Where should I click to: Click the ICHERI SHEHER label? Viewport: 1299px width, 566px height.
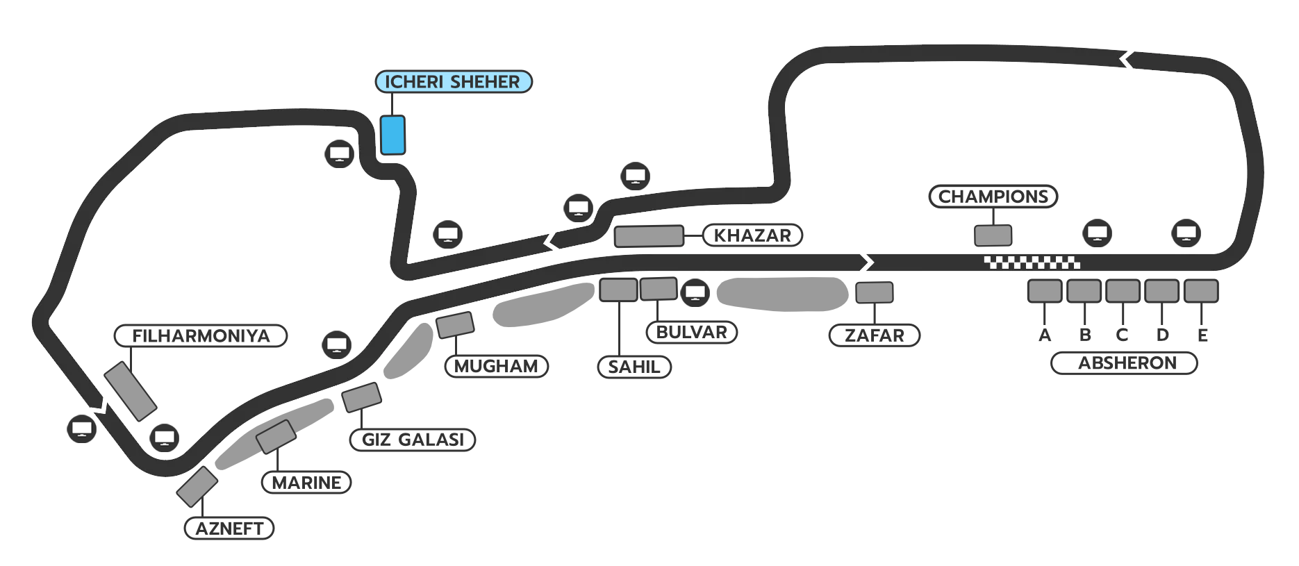(453, 82)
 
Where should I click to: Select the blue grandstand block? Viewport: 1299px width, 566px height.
(392, 135)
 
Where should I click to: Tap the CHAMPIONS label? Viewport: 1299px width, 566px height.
(993, 197)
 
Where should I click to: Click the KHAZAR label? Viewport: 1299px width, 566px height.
(752, 235)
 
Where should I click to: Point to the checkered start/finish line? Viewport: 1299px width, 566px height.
(1032, 263)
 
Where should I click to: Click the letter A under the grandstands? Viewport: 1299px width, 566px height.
(1045, 335)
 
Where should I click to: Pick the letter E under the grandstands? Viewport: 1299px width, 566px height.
(1202, 335)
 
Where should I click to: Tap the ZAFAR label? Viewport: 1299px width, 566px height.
(874, 335)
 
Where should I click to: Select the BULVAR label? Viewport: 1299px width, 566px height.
(691, 333)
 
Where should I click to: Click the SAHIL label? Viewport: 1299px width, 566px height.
(634, 367)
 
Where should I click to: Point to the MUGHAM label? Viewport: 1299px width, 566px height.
(496, 366)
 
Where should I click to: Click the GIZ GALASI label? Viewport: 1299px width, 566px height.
(413, 440)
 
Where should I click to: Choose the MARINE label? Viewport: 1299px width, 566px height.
(306, 483)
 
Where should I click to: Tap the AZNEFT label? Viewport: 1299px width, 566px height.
(229, 528)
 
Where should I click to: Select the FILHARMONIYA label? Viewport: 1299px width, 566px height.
(201, 336)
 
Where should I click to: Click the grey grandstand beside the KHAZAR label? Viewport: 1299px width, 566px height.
(649, 236)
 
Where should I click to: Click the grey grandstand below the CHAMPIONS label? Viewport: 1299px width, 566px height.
(993, 235)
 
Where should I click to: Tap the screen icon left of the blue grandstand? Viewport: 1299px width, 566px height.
(340, 153)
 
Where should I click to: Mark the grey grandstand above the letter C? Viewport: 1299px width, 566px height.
(1123, 291)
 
